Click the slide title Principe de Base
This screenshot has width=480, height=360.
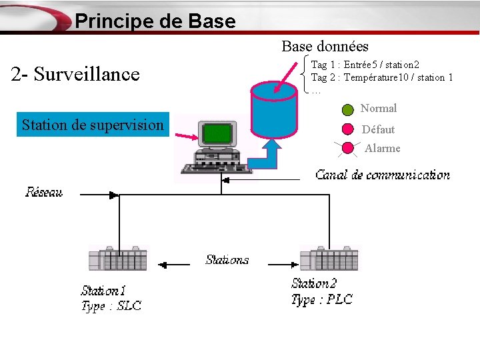point(155,21)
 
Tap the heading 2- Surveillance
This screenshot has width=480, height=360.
point(75,74)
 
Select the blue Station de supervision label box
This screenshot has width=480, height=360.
point(92,125)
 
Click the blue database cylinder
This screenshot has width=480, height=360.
point(273,107)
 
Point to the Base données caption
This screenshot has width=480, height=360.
point(325,46)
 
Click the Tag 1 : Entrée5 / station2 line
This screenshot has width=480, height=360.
point(365,65)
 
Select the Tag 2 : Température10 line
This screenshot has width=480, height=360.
point(382,77)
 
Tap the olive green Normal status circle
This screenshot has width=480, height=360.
point(348,109)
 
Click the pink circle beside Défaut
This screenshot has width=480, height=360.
point(348,129)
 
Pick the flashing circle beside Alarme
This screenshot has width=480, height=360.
point(348,148)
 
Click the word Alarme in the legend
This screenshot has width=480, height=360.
point(382,149)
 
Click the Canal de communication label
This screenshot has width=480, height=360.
point(383,175)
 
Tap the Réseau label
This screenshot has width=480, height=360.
point(44,193)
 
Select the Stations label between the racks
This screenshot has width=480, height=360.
point(227,260)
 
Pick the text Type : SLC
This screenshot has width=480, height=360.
point(111,307)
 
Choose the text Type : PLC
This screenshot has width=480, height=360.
point(322,300)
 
